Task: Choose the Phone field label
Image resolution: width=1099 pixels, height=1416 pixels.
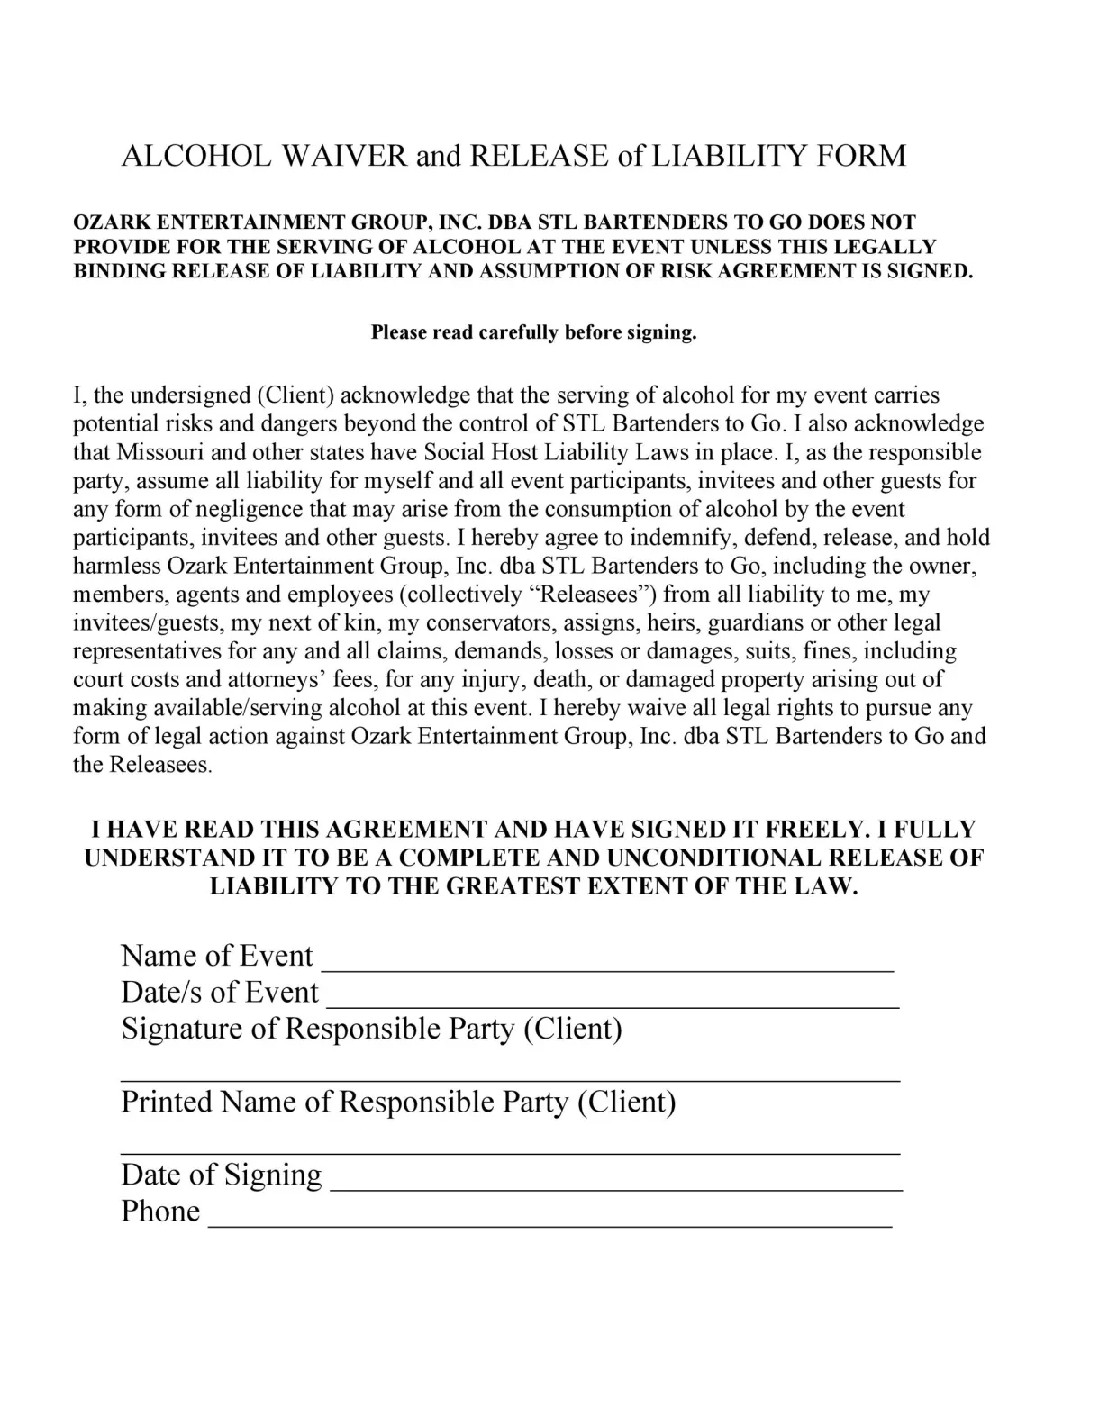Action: tap(160, 1212)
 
